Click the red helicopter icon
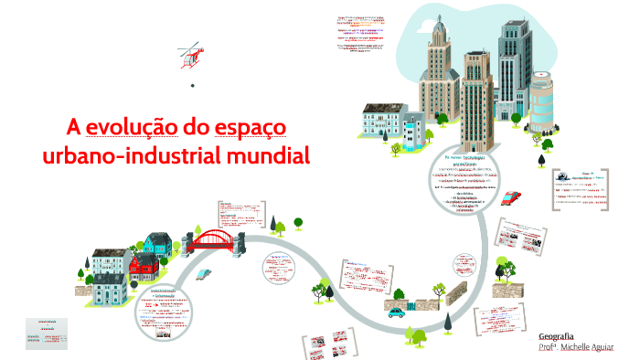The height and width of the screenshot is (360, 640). coord(188,57)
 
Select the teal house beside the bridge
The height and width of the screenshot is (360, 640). coord(158,245)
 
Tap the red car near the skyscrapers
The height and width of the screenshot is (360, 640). coord(513,198)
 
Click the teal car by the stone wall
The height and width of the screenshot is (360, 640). coord(396,312)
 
